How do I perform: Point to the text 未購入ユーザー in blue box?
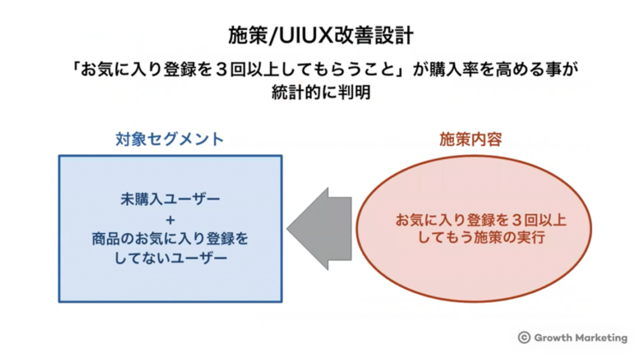coord(170,198)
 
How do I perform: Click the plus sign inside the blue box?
coord(170,218)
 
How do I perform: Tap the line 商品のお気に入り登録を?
coord(170,237)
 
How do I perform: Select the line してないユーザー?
coord(170,256)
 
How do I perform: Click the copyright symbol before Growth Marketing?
coord(524,338)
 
